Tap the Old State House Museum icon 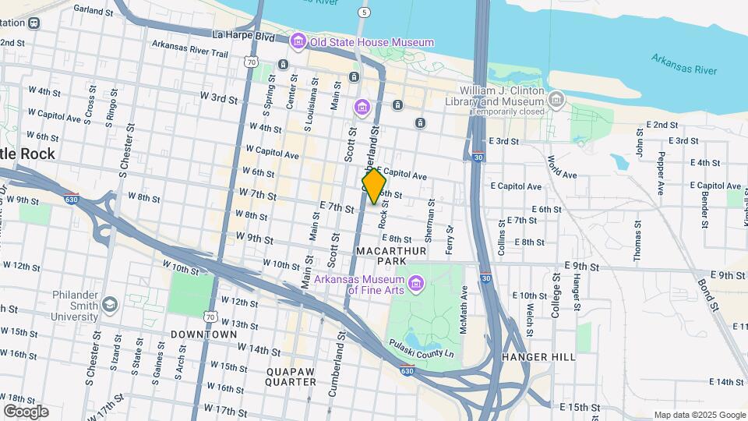298,41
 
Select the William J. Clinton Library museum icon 556,99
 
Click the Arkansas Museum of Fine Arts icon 415,281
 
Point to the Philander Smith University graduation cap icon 109,303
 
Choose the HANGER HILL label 538,357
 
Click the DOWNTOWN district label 203,334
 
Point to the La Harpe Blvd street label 244,36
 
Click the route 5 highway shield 364,12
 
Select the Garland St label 94,9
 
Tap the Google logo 26,412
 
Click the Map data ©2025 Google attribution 699,415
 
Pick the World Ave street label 557,165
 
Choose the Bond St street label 708,293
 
